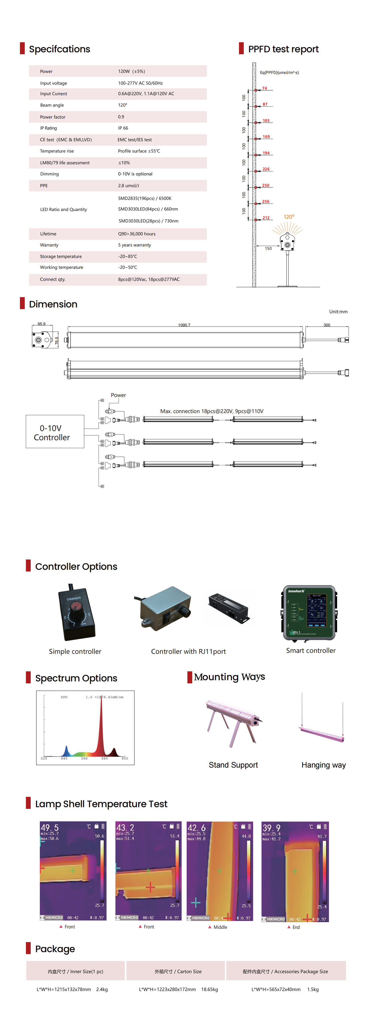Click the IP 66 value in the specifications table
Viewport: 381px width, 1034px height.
(123, 128)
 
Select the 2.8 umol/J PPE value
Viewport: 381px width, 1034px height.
(128, 186)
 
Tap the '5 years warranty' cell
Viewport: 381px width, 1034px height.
(134, 245)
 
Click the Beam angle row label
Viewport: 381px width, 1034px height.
(52, 105)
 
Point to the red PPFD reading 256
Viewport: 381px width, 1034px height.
(266, 202)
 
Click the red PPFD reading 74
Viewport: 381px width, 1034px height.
(264, 88)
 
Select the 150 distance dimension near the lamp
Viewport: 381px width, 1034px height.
(268, 248)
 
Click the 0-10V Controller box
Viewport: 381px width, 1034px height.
(55, 432)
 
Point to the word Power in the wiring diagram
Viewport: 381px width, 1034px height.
(118, 395)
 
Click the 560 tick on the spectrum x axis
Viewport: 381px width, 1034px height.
(84, 758)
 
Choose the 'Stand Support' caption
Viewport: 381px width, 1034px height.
(233, 765)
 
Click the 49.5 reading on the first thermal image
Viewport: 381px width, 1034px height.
(50, 827)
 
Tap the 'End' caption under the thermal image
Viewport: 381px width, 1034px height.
(296, 927)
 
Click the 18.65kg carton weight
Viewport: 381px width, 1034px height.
(209, 989)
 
